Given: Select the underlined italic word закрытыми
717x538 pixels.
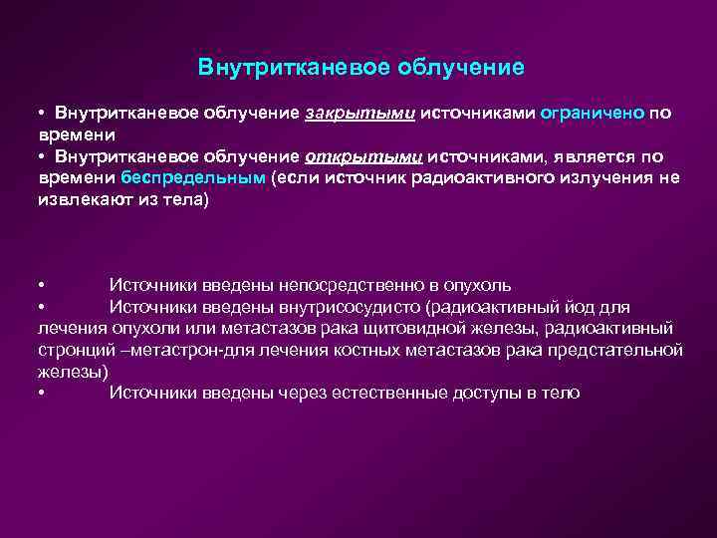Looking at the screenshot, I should [x=359, y=114].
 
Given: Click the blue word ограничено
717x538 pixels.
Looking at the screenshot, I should [x=593, y=114].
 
